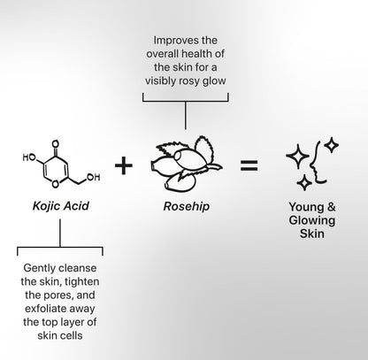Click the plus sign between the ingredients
[124, 165]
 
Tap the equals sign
[249, 165]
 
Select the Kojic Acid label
[61, 206]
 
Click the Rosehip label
[187, 206]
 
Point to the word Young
[305, 207]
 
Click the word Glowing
[312, 220]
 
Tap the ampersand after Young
[331, 207]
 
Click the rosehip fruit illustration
[186, 164]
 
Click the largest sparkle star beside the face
[297, 157]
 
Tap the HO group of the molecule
[29, 157]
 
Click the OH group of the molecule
[93, 177]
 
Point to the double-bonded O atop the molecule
[55, 144]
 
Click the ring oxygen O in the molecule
[55, 184]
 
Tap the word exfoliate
[43, 309]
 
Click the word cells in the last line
[72, 335]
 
